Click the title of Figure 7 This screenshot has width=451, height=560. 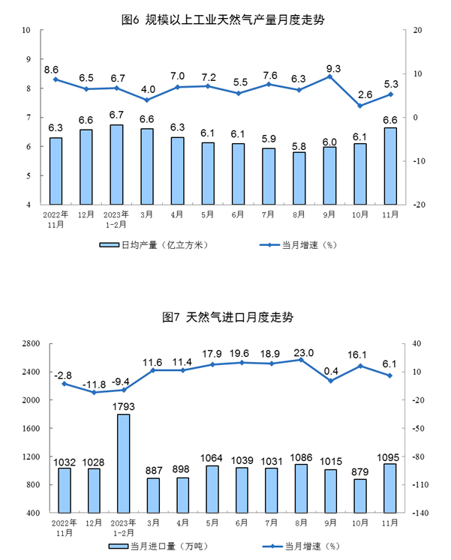pyautogui.click(x=225, y=318)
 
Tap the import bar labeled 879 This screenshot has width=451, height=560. pyautogui.click(x=360, y=496)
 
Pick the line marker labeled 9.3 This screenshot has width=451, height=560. pyautogui.click(x=329, y=76)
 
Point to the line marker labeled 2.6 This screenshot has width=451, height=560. pyautogui.click(x=360, y=106)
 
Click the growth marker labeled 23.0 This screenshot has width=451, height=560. pyautogui.click(x=300, y=360)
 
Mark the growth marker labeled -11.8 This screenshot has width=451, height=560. pyautogui.click(x=94, y=392)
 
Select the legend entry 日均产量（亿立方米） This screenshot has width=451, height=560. pyautogui.click(x=155, y=245)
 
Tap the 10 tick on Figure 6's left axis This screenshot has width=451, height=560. pyautogui.click(x=26, y=30)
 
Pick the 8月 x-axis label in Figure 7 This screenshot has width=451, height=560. pyautogui.click(x=300, y=522)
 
